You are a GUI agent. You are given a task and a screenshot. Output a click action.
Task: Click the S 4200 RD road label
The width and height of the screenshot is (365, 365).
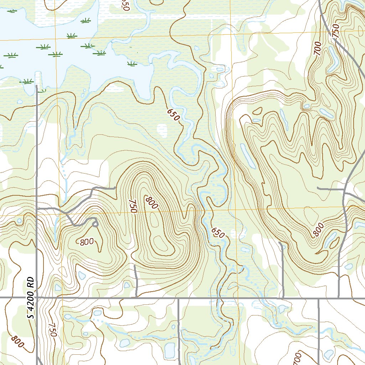pos(31,298)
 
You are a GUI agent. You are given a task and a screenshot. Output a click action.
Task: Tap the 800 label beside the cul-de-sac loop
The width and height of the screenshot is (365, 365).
pos(87,242)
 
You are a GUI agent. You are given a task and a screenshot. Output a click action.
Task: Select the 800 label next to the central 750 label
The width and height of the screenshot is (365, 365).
pos(151,202)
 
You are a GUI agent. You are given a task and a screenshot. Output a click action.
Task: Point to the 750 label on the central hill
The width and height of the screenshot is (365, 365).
pos(133,206)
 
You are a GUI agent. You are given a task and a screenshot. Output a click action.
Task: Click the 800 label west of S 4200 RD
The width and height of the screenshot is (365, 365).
pos(17,342)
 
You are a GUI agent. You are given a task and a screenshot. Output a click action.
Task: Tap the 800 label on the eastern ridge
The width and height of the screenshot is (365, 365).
pos(319,230)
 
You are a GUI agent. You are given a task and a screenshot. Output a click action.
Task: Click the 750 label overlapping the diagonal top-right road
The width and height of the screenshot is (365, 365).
pos(335,33)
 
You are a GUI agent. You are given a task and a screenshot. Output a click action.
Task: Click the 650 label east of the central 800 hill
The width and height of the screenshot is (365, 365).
pos(217,232)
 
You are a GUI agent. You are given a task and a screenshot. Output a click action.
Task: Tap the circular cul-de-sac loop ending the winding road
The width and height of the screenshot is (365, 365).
pos(95,223)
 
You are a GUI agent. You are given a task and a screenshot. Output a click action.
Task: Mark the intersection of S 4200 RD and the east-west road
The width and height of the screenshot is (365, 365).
pos(37,297)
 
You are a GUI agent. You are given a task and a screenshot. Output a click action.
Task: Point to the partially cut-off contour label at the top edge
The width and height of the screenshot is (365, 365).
pos(124,5)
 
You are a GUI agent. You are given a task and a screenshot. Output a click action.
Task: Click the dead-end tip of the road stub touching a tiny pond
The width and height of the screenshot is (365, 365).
pos(281,244)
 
